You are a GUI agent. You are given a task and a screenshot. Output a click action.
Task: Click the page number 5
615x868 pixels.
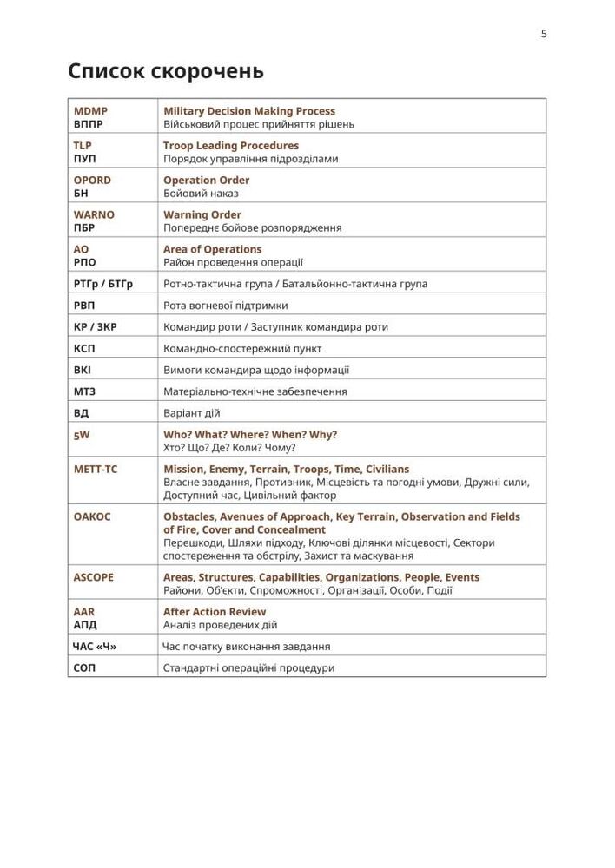[544, 34]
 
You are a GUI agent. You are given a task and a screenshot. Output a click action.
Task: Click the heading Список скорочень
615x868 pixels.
[166, 71]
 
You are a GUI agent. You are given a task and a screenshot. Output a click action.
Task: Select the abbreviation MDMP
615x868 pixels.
[91, 111]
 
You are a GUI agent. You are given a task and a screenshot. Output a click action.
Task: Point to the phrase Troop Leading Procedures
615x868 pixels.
[231, 146]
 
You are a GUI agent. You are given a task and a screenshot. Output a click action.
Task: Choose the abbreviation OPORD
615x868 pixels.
[93, 181]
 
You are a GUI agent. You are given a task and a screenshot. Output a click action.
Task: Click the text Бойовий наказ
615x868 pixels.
[201, 194]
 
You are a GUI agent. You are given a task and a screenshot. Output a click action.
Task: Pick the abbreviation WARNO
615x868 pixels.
[94, 214]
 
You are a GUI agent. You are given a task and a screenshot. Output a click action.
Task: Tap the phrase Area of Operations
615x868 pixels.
[213, 249]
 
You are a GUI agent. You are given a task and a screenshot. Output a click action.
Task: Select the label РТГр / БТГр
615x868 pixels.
[103, 284]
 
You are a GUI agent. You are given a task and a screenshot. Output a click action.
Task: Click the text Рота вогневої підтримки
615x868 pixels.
[226, 306]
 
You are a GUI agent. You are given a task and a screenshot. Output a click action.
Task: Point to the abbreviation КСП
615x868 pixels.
[85, 348]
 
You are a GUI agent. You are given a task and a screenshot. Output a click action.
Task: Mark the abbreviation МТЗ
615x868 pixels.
[85, 391]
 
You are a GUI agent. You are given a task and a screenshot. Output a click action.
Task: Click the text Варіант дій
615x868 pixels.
[192, 413]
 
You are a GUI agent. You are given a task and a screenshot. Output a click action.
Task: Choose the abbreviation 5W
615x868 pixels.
[82, 435]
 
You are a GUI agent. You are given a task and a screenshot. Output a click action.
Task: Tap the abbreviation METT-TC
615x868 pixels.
[96, 470]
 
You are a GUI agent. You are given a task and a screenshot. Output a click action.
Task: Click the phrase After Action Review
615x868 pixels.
[215, 612]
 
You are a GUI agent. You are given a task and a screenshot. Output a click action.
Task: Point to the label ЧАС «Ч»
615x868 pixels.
[95, 647]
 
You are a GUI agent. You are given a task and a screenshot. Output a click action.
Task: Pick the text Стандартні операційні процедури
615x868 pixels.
[248, 668]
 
